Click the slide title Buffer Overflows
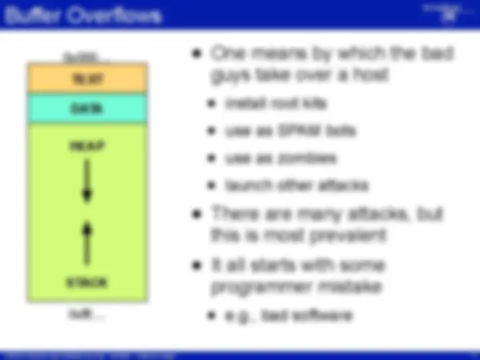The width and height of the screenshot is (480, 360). pos(83,15)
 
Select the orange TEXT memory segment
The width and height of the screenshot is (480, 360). pos(87,79)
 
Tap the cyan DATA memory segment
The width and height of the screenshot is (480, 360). pos(87,109)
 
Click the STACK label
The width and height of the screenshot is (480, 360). pos(87,283)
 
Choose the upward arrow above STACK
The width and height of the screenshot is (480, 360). pos(87,243)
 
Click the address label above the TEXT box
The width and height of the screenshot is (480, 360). pos(87,57)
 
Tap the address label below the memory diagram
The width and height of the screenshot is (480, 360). pos(87,313)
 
